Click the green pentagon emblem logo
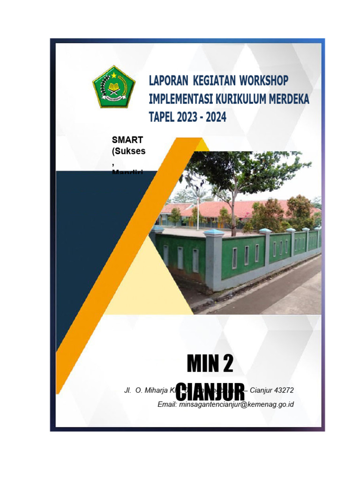point(113,87)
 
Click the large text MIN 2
point(210,364)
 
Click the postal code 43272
point(282,390)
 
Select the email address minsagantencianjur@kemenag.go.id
point(236,405)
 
